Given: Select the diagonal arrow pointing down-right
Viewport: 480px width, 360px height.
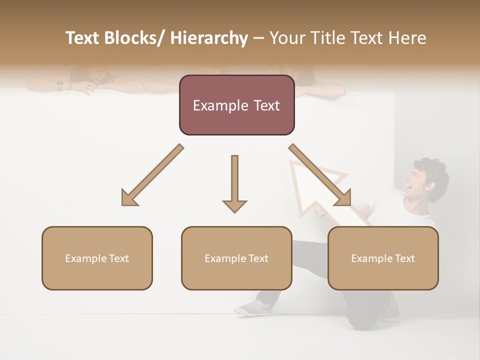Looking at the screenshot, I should [320, 175].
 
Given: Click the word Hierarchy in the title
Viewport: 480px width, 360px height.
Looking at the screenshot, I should [209, 38].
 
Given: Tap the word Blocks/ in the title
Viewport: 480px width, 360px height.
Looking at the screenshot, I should [135, 38].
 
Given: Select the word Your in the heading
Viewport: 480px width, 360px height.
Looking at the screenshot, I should [286, 38].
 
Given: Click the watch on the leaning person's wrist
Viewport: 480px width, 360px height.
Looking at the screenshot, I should [60, 86].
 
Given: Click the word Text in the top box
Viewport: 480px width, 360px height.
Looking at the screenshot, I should [264, 105].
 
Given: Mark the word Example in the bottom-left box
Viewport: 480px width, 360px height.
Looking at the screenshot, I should [83, 258].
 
